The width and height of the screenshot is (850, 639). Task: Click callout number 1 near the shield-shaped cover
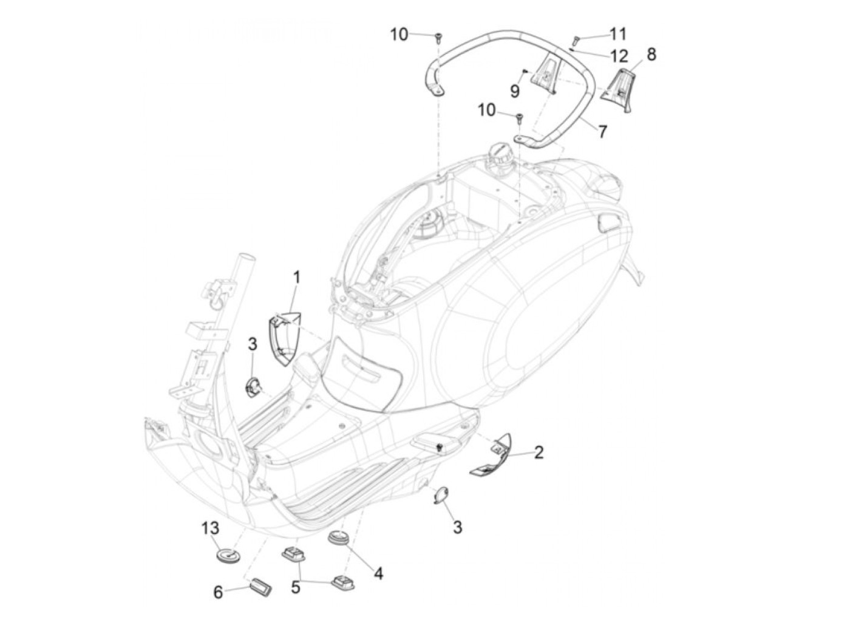tap(297, 278)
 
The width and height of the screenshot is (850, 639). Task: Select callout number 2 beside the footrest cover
tap(538, 452)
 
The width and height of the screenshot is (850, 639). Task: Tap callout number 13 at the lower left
tap(210, 528)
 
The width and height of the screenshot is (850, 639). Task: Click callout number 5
tap(296, 587)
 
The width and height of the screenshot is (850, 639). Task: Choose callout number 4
tap(378, 573)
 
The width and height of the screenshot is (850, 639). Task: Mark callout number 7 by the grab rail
tap(602, 131)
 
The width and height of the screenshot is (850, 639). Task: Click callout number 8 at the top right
tap(651, 54)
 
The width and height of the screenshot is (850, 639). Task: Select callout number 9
tap(515, 91)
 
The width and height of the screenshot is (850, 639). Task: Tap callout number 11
tap(617, 33)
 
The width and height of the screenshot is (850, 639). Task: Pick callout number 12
tap(619, 56)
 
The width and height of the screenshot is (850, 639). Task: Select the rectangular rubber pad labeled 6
tap(260, 588)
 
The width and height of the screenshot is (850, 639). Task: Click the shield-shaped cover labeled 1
tap(285, 338)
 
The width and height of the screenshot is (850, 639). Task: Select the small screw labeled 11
tap(577, 40)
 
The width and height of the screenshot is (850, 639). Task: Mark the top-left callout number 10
tap(399, 35)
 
